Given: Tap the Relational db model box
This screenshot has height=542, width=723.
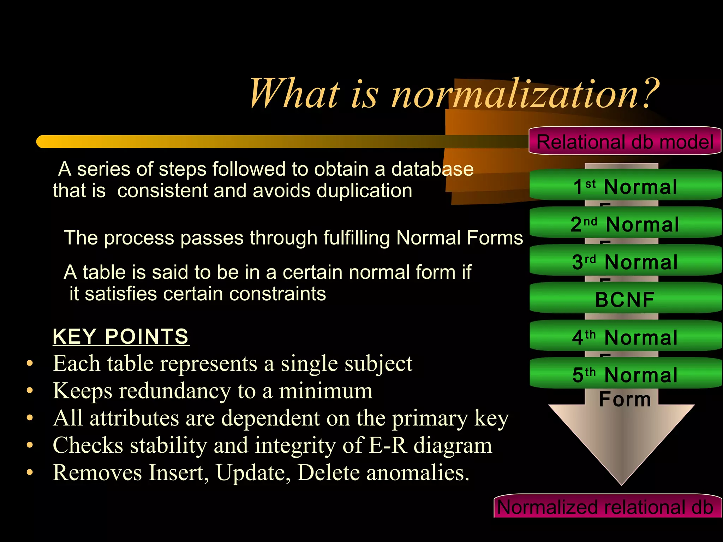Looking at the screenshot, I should pos(625,141).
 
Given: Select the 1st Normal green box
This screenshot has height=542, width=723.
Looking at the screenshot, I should pos(625,186).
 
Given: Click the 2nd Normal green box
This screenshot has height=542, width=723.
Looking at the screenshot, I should pos(625,223).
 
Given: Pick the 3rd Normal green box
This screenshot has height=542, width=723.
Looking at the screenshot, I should pos(625,261).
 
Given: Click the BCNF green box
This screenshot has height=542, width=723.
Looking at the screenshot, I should pos(625,299).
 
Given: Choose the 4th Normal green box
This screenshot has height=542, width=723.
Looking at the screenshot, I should pos(625,337).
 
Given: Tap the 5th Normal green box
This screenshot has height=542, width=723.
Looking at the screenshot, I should pos(625,374).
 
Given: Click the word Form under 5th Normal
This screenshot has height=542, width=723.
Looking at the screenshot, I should pos(625,399).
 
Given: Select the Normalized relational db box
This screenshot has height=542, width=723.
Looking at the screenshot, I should pos(605,507).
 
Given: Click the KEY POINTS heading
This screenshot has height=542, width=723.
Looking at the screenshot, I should pos(121,336).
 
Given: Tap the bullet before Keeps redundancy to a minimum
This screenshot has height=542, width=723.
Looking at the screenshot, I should pos(30,391).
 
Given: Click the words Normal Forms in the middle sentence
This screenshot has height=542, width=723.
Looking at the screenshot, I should pos(459,237).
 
